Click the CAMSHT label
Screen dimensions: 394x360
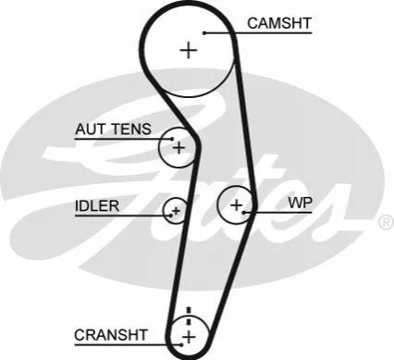click(279, 23)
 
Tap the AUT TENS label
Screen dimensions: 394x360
click(113, 129)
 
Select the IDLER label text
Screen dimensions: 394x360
click(97, 205)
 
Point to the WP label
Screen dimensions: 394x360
click(301, 203)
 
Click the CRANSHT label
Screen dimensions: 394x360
click(111, 335)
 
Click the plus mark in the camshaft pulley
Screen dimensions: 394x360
click(189, 50)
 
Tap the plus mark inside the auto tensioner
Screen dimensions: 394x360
click(179, 148)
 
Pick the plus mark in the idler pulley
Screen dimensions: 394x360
click(176, 211)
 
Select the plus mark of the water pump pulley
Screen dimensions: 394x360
click(237, 205)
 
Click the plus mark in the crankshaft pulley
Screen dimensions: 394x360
click(189, 337)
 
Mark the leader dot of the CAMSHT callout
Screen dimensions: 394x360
click(204, 32)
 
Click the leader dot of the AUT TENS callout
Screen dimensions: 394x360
click(172, 139)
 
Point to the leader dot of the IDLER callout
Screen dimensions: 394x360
click(171, 215)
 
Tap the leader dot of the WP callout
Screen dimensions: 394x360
click(244, 213)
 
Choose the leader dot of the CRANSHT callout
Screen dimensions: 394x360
click(182, 344)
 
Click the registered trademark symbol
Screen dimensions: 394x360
click(386, 223)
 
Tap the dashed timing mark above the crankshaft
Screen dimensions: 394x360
click(189, 316)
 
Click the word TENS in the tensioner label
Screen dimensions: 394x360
click(131, 129)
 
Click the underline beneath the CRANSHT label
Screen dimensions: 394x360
click(128, 344)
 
